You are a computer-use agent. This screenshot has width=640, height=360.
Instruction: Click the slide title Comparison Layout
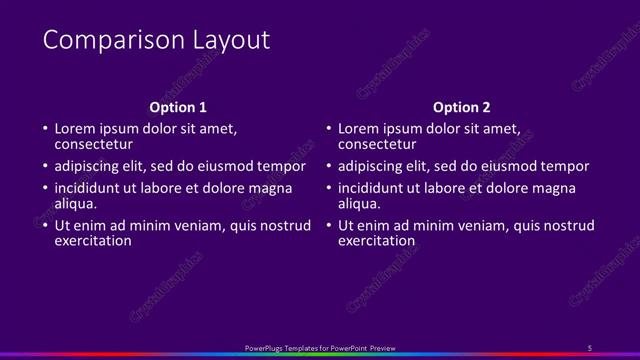pos(156,40)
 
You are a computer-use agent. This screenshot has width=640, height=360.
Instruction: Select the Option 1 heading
pos(178,107)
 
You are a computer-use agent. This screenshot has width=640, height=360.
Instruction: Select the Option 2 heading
pos(462,107)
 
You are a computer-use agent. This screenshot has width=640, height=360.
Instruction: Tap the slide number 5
pos(590,347)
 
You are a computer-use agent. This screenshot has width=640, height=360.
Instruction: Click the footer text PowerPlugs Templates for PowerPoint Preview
pos(320,347)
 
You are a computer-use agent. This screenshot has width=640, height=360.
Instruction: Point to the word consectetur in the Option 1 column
pos(94,144)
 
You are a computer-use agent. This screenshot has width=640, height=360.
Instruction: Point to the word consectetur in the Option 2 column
pos(378,144)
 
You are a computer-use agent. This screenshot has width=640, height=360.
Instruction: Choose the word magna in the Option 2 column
pos(555,188)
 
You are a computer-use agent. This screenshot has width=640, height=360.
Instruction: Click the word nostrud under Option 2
pos(567,225)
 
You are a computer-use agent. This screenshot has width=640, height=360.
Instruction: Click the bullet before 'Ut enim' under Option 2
pos(328,225)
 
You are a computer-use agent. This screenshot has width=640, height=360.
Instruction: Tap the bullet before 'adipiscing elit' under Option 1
pos(44,166)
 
